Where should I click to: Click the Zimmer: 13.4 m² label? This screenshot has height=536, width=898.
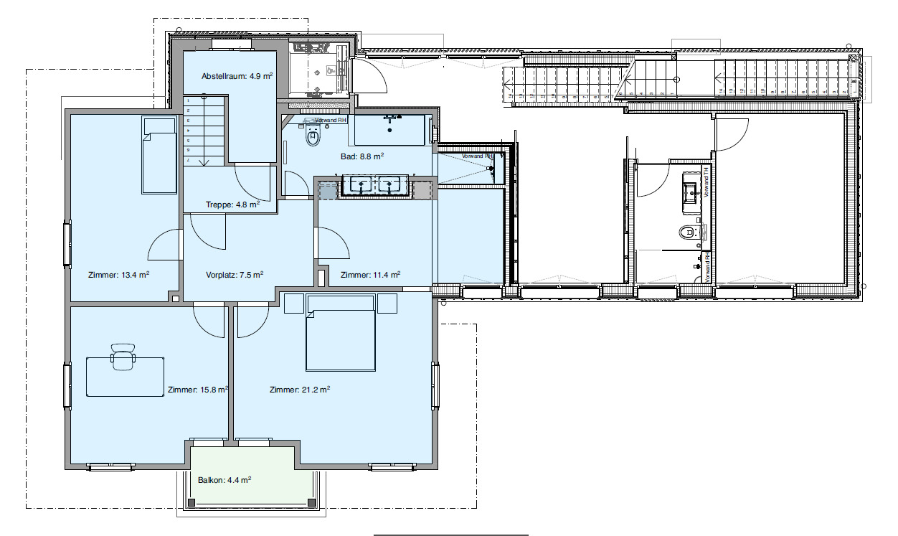118,274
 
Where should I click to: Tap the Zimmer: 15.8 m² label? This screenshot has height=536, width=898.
197,390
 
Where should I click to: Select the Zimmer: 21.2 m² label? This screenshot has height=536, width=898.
299,390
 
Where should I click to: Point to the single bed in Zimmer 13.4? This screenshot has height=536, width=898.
159,156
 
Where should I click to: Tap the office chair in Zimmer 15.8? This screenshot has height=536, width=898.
123,357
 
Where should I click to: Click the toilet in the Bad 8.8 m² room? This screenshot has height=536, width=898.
313,135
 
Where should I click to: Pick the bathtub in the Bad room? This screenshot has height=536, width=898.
392,129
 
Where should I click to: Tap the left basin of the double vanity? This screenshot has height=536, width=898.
356,186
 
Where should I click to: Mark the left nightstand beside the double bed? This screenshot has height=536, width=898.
294,303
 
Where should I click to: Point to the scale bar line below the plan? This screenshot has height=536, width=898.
450,535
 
